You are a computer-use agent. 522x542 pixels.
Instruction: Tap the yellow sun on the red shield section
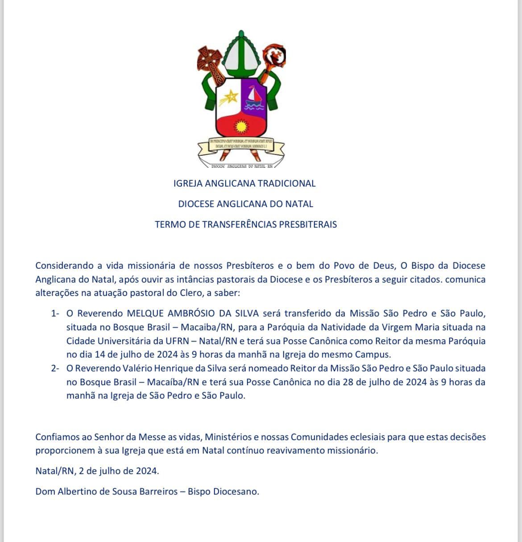pyautogui.click(x=241, y=127)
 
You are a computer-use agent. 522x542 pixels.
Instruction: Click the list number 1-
pyautogui.click(x=55, y=313)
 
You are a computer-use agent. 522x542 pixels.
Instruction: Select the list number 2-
pyautogui.click(x=55, y=368)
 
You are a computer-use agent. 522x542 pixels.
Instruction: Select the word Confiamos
pyautogui.click(x=58, y=437)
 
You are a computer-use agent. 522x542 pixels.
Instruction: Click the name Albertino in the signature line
pyautogui.click(x=79, y=492)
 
